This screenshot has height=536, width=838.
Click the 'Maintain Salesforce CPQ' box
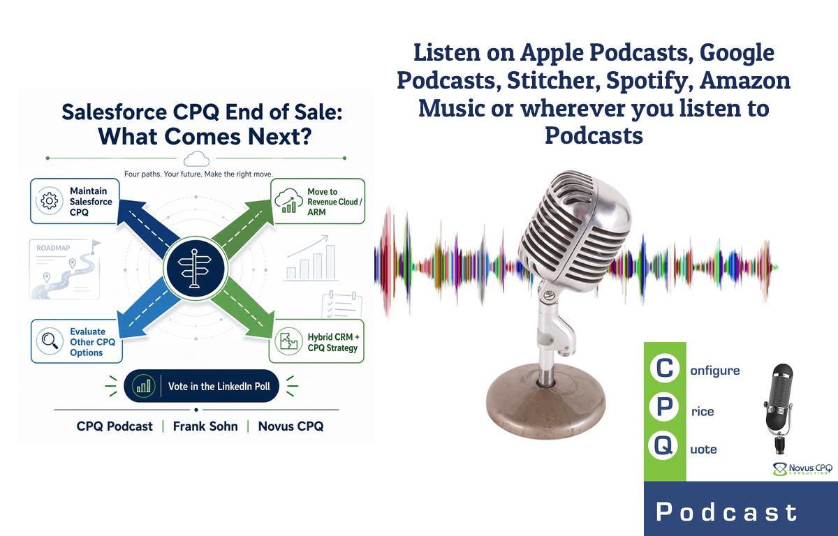[75, 201]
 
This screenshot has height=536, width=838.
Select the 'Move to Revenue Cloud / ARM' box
[317, 201]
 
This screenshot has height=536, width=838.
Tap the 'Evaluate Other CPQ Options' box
[77, 341]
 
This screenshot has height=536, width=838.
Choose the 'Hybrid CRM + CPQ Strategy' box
[316, 341]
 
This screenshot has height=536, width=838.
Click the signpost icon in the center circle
[195, 269]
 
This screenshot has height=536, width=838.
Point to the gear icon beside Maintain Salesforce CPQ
[50, 201]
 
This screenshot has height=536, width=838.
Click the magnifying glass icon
[50, 341]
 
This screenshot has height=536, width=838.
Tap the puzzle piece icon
[288, 341]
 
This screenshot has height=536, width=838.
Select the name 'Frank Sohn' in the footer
[205, 426]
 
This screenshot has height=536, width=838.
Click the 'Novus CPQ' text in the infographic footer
[291, 426]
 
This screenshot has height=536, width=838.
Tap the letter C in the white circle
[664, 368]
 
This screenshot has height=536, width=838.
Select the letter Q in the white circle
[663, 445]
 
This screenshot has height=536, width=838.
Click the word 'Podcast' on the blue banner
[727, 512]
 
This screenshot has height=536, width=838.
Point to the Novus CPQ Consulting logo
[802, 469]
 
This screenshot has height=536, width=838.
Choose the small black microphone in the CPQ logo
[779, 408]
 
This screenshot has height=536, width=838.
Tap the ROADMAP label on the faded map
[53, 248]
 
